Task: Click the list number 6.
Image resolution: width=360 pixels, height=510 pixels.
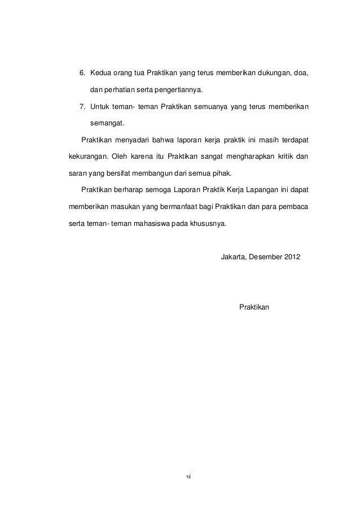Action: pyautogui.click(x=80, y=73)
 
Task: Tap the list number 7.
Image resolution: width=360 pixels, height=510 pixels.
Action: pyautogui.click(x=80, y=106)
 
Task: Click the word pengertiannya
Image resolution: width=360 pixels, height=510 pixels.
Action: pyautogui.click(x=177, y=90)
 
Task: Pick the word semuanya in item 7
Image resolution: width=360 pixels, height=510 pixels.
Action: pyautogui.click(x=212, y=106)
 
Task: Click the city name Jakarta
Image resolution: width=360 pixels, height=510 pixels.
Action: pyautogui.click(x=232, y=257)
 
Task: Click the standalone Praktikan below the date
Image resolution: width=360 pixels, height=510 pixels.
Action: pyautogui.click(x=255, y=307)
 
